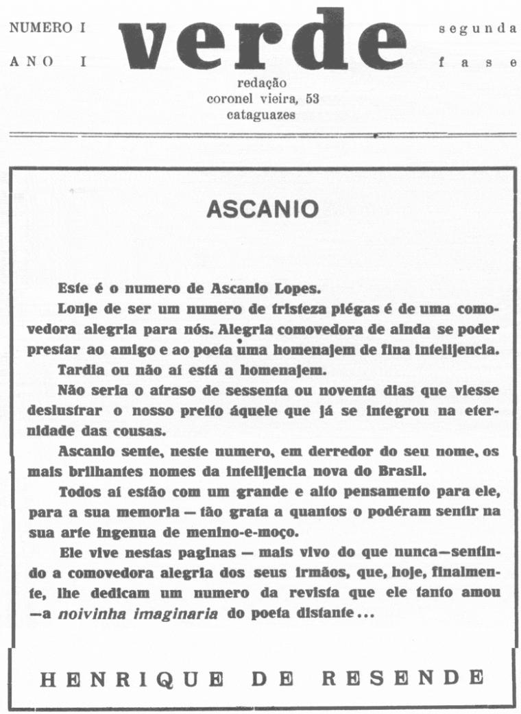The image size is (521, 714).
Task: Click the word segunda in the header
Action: [477, 29]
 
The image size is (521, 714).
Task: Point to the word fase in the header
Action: [477, 62]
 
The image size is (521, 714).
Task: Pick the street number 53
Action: [312, 99]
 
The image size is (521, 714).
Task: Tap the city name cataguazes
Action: [261, 115]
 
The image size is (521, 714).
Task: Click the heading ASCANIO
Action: [263, 209]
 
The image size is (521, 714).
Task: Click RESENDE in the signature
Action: [402, 679]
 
